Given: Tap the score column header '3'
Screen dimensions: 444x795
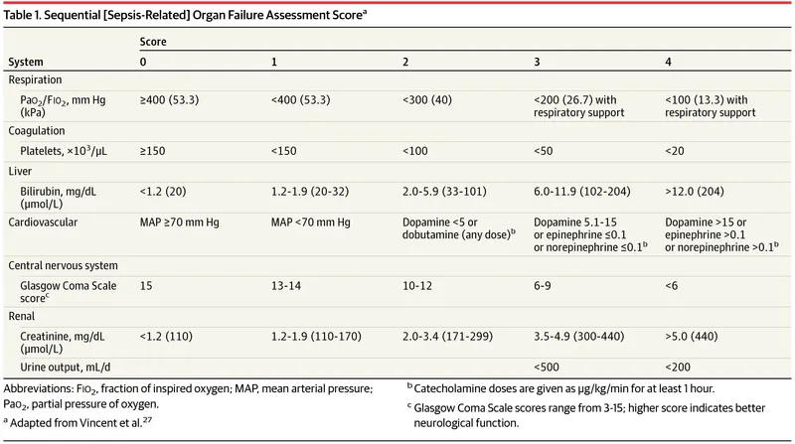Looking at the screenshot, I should click(x=538, y=62).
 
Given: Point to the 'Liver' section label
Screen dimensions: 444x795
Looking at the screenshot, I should click(x=22, y=170).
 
